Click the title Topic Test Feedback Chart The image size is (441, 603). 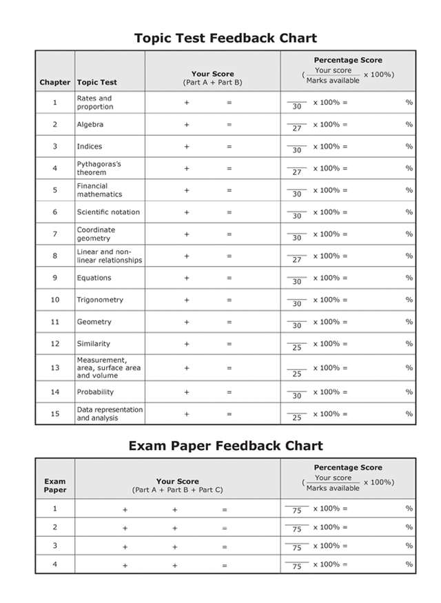[225, 38]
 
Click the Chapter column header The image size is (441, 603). [55, 82]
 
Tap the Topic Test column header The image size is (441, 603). [96, 82]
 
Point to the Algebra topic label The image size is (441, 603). [90, 125]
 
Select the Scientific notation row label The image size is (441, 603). [108, 212]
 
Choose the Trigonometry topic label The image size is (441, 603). [100, 300]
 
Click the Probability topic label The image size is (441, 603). [95, 392]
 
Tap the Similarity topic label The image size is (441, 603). [93, 344]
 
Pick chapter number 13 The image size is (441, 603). [55, 368]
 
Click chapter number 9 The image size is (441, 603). [55, 278]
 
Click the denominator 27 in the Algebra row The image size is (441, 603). [297, 129]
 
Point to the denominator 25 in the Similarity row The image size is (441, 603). [297, 348]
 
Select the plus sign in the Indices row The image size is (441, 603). [186, 147]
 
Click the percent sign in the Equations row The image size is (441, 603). [409, 278]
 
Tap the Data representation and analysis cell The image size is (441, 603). [110, 413]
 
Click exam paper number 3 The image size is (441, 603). [55, 545]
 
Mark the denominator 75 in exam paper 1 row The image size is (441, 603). [297, 512]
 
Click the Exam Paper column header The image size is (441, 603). [55, 486]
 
